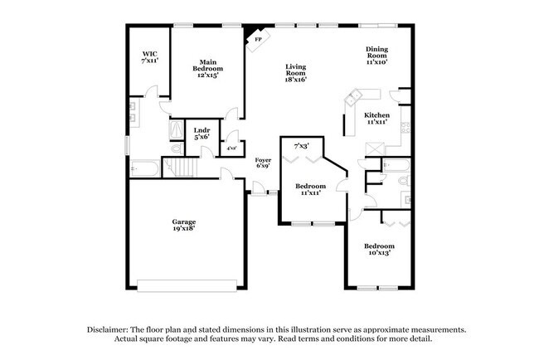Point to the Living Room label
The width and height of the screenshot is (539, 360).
pyautogui.click(x=295, y=70)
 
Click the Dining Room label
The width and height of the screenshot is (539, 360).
pyautogui.click(x=377, y=55)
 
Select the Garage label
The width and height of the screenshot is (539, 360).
pyautogui.click(x=183, y=221)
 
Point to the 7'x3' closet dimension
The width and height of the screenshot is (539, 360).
pyautogui.click(x=300, y=146)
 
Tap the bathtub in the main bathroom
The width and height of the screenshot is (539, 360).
pyautogui.click(x=145, y=168)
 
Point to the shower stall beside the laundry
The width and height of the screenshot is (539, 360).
pyautogui.click(x=177, y=131)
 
